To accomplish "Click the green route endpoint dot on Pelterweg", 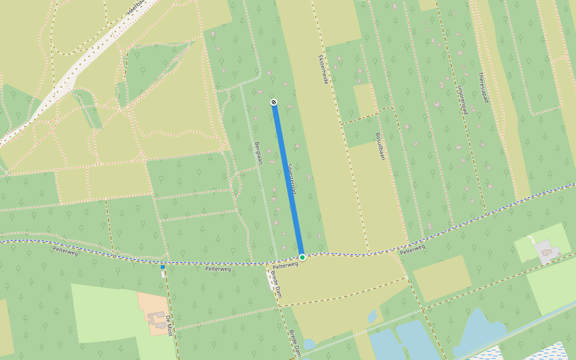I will (x=302, y=257).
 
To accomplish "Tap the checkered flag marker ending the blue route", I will (x=274, y=103).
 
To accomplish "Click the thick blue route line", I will (x=288, y=180).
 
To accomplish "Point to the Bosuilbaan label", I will (x=379, y=146).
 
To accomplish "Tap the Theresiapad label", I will (x=482, y=88).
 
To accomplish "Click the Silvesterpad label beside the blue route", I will (x=292, y=178).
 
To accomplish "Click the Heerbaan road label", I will (x=137, y=7).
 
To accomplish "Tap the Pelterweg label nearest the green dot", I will (x=286, y=265).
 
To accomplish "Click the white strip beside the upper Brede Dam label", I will (x=269, y=277).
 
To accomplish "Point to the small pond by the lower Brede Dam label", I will (x=309, y=344).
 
